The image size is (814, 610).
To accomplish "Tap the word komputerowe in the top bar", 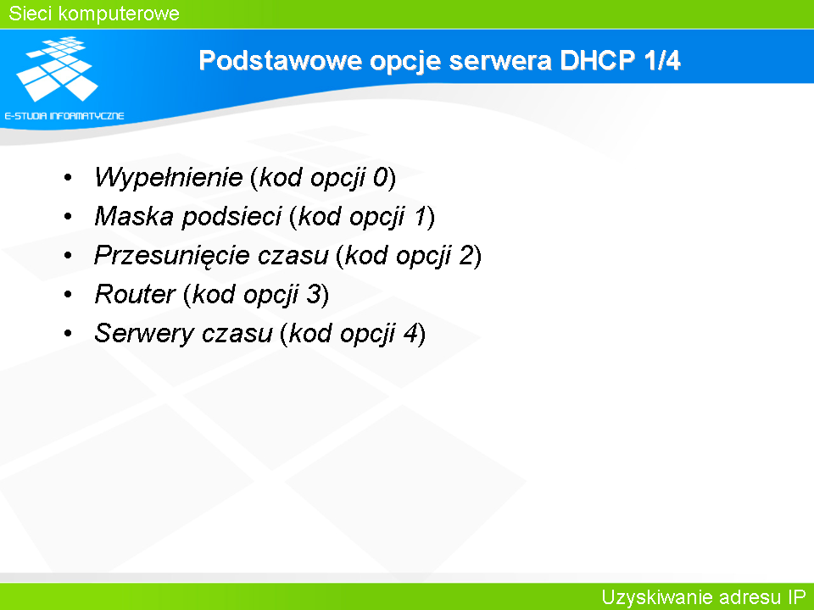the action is (119, 14).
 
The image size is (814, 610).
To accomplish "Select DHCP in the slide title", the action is (598, 60).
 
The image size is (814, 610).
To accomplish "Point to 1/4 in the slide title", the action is (662, 60).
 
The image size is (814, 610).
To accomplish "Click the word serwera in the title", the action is (500, 61).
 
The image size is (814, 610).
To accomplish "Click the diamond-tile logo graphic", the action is (57, 69).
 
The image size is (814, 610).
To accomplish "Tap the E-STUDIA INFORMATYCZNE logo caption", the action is (64, 116).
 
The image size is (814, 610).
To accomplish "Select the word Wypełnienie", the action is (168, 178).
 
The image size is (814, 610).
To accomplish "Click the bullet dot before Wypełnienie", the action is (68, 178).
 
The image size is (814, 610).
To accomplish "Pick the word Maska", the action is (134, 216).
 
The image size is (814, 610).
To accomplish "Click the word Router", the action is (135, 295).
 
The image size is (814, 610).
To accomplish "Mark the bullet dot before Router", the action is (68, 295).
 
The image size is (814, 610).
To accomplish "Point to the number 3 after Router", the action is (313, 295).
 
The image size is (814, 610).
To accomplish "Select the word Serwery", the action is (144, 334).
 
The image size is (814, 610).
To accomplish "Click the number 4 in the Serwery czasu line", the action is (410, 333).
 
